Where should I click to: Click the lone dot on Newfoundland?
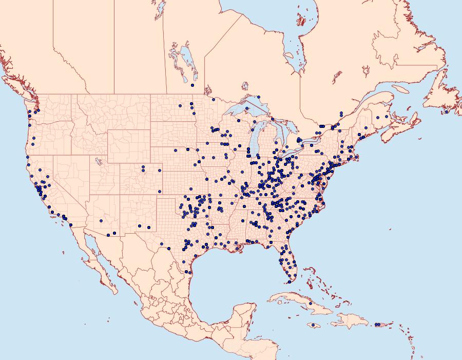(447, 111)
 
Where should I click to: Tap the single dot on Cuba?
(311, 304)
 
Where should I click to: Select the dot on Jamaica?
(313, 325)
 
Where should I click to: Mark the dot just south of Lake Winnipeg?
(192, 85)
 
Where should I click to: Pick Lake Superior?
(241, 110)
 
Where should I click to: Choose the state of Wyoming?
(128, 144)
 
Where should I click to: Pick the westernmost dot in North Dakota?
(180, 106)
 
